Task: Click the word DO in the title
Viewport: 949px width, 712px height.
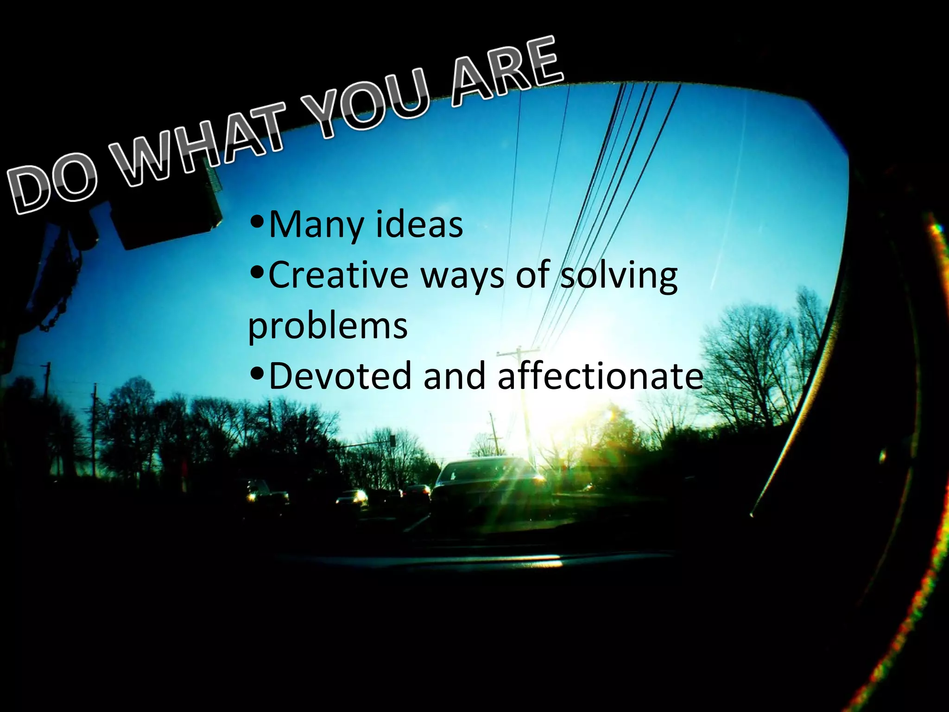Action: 53,188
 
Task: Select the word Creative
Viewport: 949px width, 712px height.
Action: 338,275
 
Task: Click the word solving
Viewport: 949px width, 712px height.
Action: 619,276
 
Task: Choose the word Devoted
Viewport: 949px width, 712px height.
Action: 340,375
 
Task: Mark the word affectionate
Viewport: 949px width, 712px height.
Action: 600,375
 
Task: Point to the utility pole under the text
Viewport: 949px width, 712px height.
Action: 524,408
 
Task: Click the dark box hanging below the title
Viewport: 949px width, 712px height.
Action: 169,218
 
